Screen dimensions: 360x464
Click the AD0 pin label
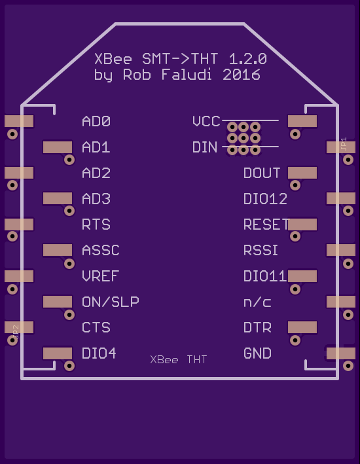[x=96, y=121]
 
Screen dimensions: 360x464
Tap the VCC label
[x=206, y=121]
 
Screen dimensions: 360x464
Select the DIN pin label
[x=205, y=147]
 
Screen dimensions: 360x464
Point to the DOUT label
[x=262, y=173]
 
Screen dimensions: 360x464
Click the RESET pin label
[x=266, y=224]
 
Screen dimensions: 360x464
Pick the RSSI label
[x=261, y=251]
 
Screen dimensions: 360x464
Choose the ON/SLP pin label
[x=111, y=302]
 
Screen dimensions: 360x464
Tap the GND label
[x=257, y=353]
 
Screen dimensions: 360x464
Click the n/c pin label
[x=257, y=302]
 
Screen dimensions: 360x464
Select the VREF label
[x=100, y=276]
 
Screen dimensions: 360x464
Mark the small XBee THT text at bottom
[x=178, y=359]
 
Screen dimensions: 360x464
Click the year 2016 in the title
[x=242, y=75]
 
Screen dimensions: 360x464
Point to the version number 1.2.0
[x=248, y=59]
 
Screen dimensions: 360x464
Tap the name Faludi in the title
[x=187, y=75]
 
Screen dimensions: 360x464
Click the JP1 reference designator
[x=344, y=144]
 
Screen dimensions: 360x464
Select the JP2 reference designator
[x=16, y=332]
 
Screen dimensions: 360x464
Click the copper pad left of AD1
[x=58, y=147]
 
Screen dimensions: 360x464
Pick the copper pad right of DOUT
[x=302, y=173]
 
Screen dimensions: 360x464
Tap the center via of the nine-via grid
[x=243, y=138]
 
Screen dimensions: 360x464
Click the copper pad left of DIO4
[x=58, y=353]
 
